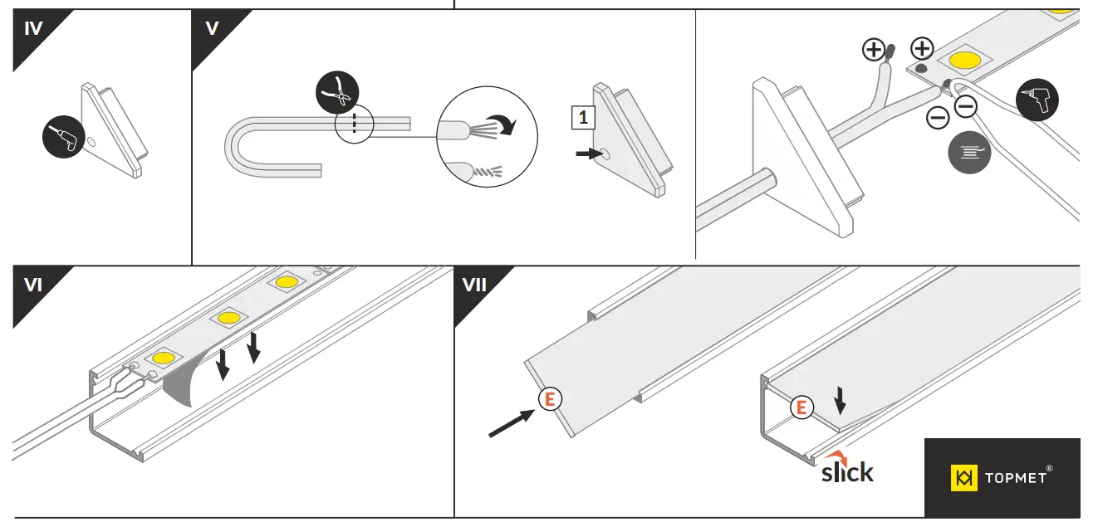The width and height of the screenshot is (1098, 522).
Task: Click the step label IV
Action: pyautogui.click(x=33, y=29)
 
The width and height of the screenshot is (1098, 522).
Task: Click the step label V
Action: pyautogui.click(x=212, y=29)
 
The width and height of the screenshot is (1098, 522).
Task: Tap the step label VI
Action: pyautogui.click(x=33, y=285)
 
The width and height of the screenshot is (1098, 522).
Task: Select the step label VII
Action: pyautogui.click(x=474, y=285)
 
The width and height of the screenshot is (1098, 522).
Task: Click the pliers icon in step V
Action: pyautogui.click(x=337, y=93)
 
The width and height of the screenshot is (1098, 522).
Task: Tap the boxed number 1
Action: pyautogui.click(x=583, y=118)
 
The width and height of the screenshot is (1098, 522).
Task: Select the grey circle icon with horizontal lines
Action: pyautogui.click(x=970, y=152)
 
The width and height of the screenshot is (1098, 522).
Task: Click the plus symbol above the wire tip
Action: pyautogui.click(x=874, y=51)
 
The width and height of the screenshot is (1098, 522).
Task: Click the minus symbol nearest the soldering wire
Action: pyautogui.click(x=965, y=105)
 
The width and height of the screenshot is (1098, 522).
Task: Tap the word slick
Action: pyautogui.click(x=847, y=472)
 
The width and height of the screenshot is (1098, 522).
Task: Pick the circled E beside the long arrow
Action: pyautogui.click(x=549, y=399)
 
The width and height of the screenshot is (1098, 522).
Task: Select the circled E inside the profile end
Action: pyautogui.click(x=801, y=407)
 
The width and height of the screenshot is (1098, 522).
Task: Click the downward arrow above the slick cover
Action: pyautogui.click(x=841, y=401)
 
